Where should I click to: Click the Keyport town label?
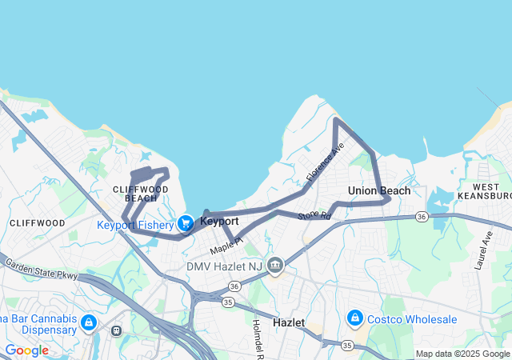click(x=219, y=221)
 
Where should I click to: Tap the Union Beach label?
click(x=379, y=190)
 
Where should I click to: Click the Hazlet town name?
click(x=289, y=321)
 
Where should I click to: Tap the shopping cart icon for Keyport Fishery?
click(x=186, y=223)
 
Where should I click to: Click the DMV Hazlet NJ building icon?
click(x=275, y=265)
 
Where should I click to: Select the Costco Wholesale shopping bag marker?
click(x=354, y=319)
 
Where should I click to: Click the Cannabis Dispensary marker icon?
click(x=88, y=323)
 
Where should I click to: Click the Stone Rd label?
click(x=314, y=215)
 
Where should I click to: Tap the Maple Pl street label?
click(x=226, y=246)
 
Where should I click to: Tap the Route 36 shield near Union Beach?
click(x=421, y=217)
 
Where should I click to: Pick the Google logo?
click(x=26, y=350)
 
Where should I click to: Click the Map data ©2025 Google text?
click(x=462, y=354)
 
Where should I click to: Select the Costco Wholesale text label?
click(x=412, y=319)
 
